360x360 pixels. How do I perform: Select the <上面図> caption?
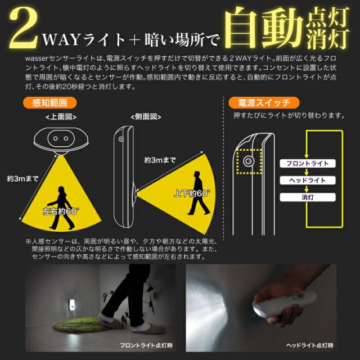[x=61, y=117]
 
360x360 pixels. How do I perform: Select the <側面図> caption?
[x=145, y=117]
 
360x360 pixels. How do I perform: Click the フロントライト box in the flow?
[x=307, y=163]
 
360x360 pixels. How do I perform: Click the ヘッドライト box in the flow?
[x=307, y=180]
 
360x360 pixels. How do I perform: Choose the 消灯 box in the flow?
[x=307, y=197]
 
